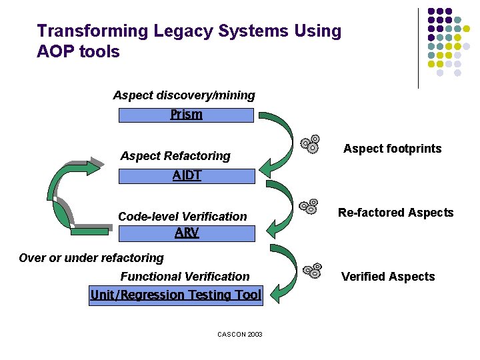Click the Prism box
(x=186, y=115)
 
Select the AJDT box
(x=187, y=176)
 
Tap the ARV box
(x=187, y=233)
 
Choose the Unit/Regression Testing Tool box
(x=176, y=295)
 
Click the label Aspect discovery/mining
(x=184, y=95)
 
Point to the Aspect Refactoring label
(x=175, y=156)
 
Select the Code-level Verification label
(x=182, y=217)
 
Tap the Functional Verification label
(x=185, y=277)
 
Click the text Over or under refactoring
(x=91, y=258)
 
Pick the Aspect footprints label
(x=392, y=149)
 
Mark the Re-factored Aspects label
(x=395, y=213)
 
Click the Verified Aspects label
(x=388, y=277)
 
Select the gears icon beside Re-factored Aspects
(x=309, y=207)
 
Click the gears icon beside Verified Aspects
(x=312, y=270)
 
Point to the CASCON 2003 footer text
(x=240, y=334)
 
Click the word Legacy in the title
(x=184, y=31)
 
